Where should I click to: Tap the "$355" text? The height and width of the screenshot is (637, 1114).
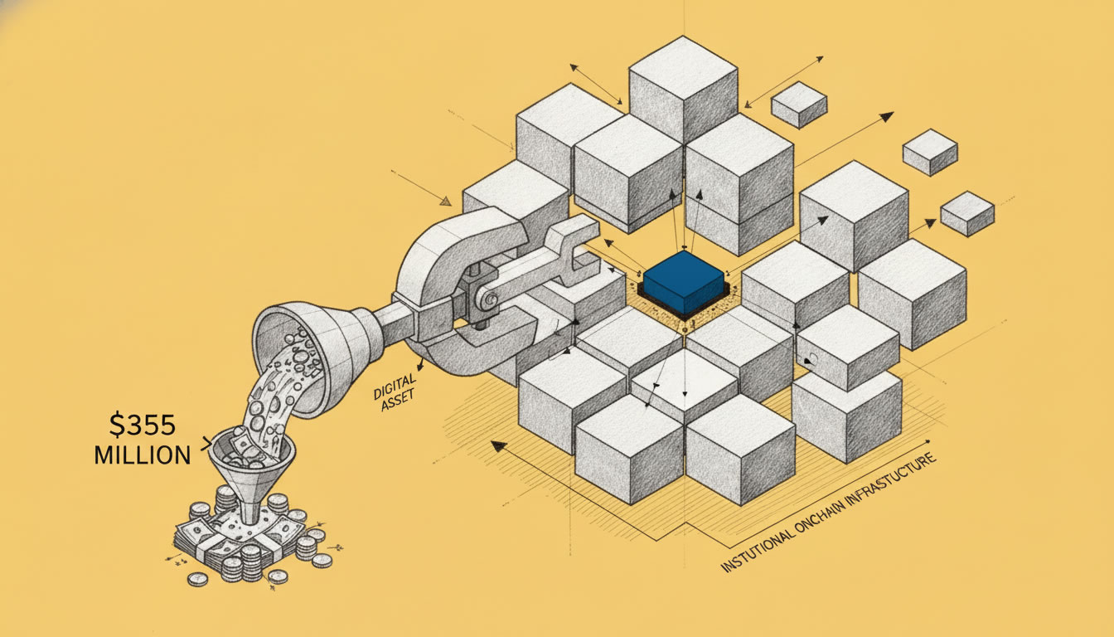pos(143,426)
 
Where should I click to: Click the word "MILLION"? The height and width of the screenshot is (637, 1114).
pos(143,455)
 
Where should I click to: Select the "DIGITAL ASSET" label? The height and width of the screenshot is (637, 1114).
pos(395,391)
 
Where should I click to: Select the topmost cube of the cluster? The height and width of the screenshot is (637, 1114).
pos(683,90)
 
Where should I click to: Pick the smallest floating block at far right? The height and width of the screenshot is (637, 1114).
pos(967,214)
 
